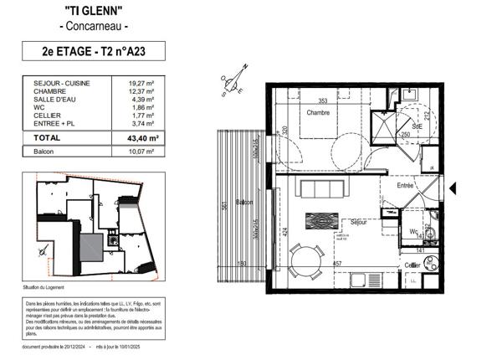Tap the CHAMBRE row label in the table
(x=49, y=91)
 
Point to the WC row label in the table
(x=38, y=107)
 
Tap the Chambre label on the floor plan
(x=319, y=112)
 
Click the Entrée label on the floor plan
(x=406, y=185)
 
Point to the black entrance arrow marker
(x=453, y=188)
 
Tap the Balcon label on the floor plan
(x=243, y=203)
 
